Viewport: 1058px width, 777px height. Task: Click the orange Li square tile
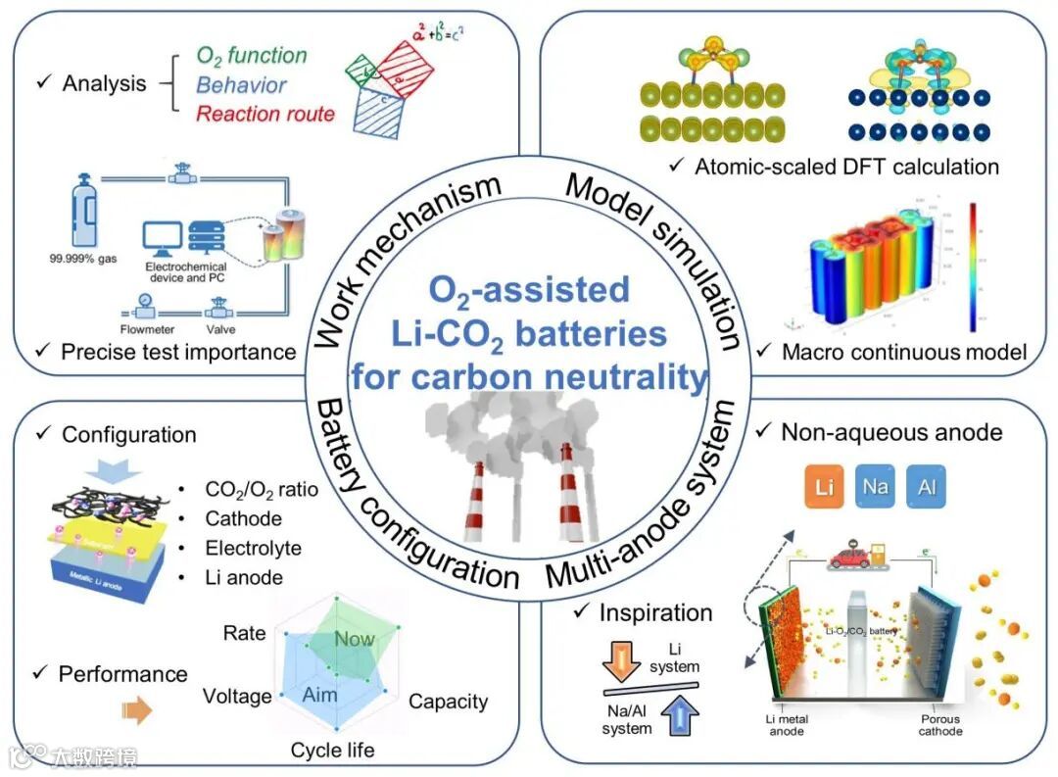(824, 487)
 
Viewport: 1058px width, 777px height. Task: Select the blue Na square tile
(876, 487)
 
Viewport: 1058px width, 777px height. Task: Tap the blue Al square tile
(927, 487)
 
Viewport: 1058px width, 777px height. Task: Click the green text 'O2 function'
(252, 56)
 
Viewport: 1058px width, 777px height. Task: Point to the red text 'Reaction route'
(265, 114)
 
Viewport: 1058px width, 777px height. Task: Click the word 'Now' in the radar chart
(355, 639)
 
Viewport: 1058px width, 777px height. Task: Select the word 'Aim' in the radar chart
(320, 694)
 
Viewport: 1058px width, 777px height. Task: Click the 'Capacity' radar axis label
(448, 701)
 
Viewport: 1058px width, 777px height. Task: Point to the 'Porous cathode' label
(940, 725)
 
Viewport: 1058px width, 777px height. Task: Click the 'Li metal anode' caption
(790, 725)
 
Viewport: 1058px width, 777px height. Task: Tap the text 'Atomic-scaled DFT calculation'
(846, 167)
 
